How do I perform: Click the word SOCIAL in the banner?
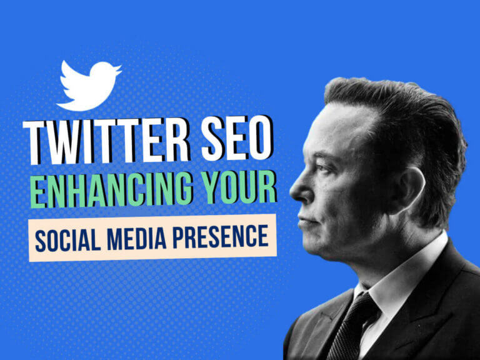66,237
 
